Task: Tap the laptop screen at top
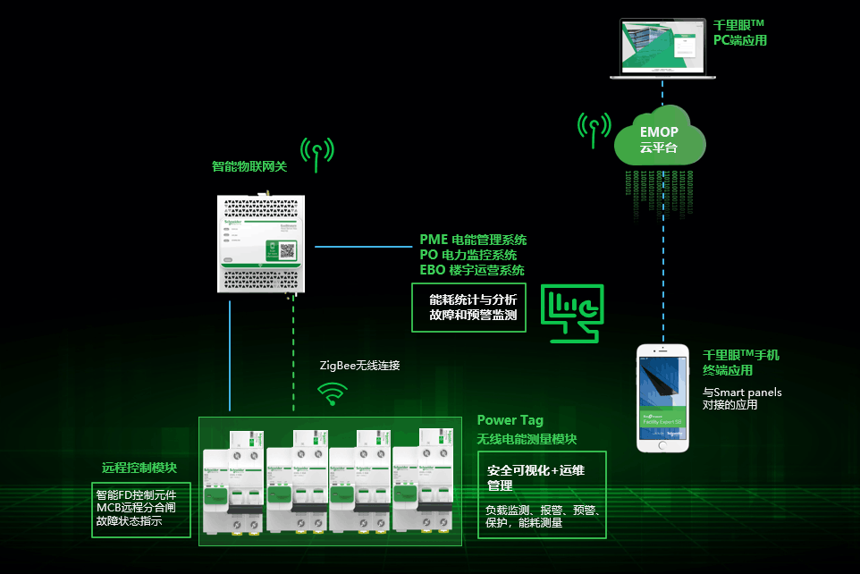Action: [x=662, y=46]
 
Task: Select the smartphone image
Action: [x=662, y=397]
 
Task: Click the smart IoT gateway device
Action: [x=266, y=241]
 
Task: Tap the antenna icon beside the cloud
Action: [x=593, y=129]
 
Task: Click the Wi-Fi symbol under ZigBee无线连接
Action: [x=333, y=393]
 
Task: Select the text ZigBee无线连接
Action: [x=359, y=365]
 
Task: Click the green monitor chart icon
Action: [x=575, y=313]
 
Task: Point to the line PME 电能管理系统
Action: [x=473, y=240]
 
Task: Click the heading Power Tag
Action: [x=510, y=420]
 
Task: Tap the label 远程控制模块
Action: [x=139, y=468]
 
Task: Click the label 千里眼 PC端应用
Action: [x=739, y=33]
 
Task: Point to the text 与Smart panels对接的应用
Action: [x=742, y=398]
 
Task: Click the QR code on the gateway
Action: [x=287, y=251]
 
